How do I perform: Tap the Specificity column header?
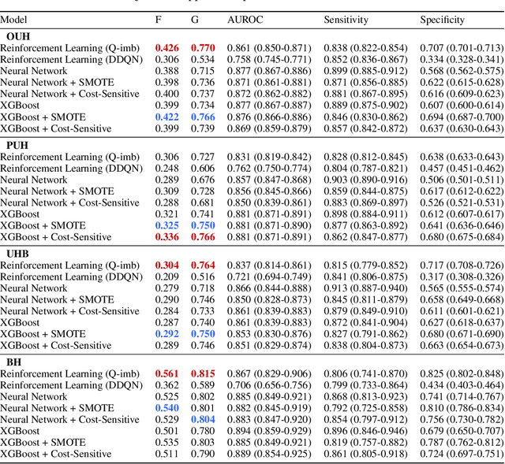click(x=443, y=20)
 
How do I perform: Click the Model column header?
click(x=14, y=20)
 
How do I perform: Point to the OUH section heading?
click(x=19, y=36)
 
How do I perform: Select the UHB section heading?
click(x=19, y=254)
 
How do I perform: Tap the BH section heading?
click(x=14, y=362)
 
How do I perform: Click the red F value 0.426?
click(x=166, y=48)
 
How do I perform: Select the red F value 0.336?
click(x=166, y=237)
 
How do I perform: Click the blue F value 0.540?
click(x=166, y=408)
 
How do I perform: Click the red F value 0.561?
click(x=166, y=374)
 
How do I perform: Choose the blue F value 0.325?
click(x=166, y=225)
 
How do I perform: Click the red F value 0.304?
click(x=166, y=265)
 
